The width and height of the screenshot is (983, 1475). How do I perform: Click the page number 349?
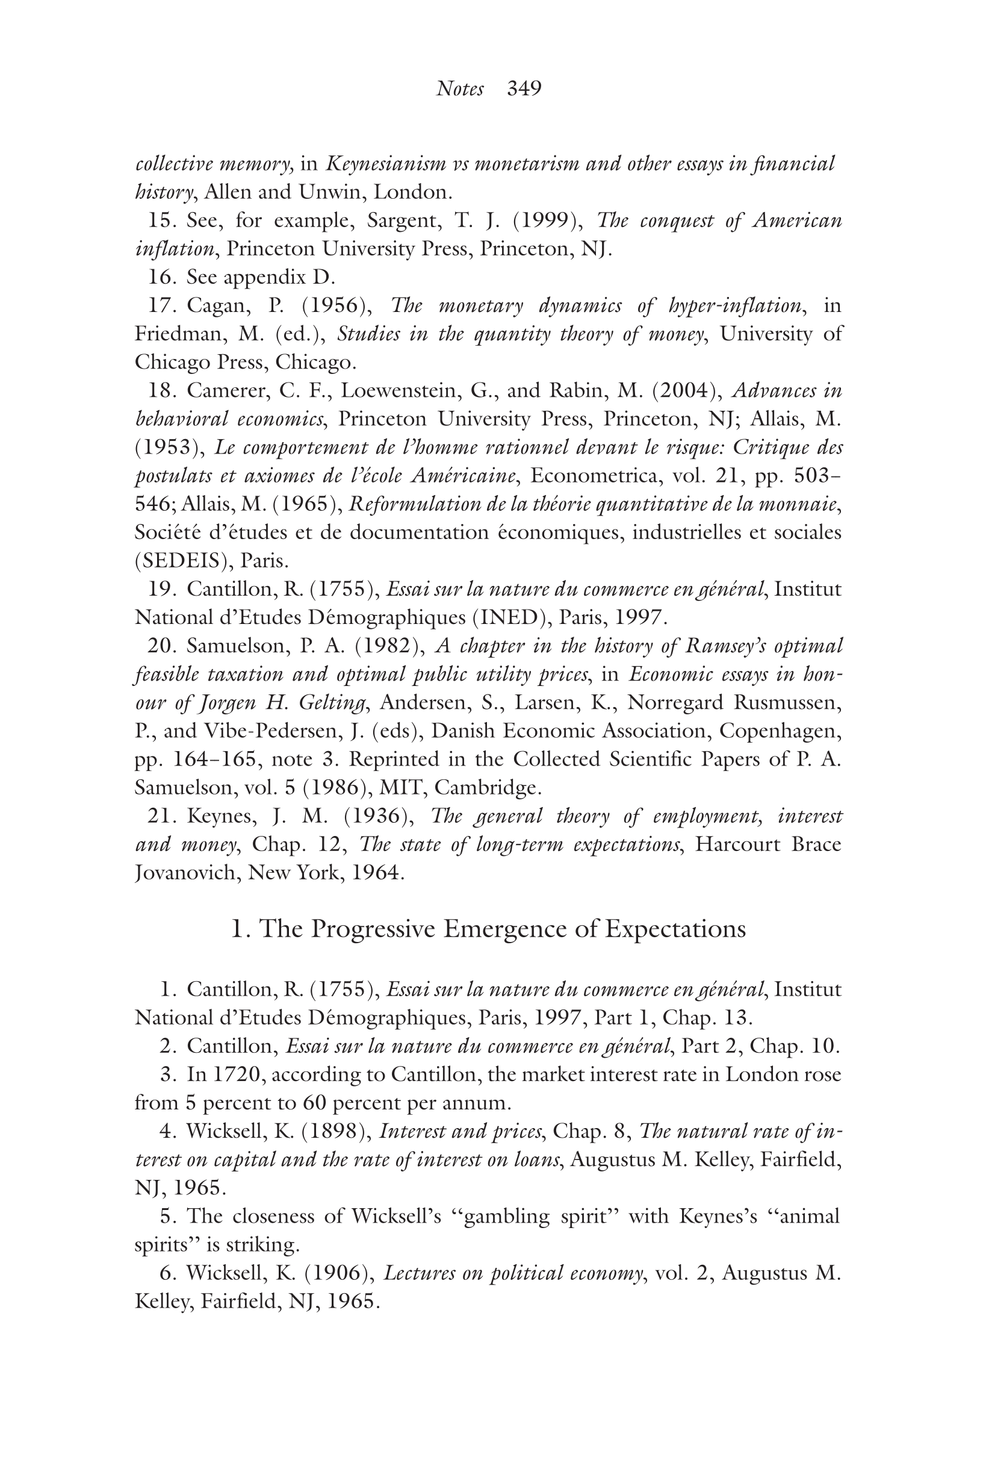pyautogui.click(x=524, y=89)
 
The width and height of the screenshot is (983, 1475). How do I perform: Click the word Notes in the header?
pyautogui.click(x=459, y=89)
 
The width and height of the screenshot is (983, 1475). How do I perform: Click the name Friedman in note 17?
pyautogui.click(x=179, y=334)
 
